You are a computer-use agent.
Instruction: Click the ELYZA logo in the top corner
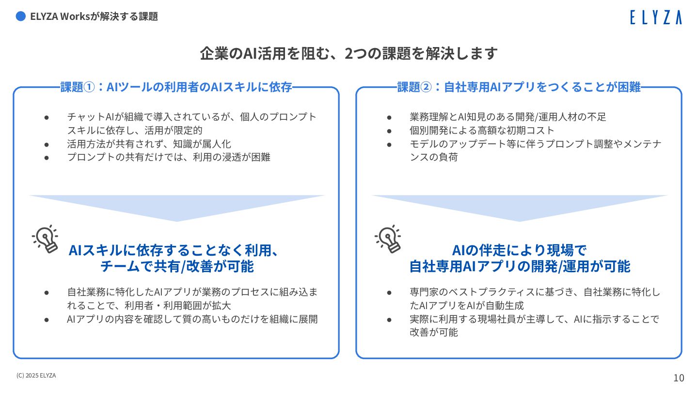point(655,17)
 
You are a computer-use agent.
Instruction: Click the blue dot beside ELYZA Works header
point(20,16)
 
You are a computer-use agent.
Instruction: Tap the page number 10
point(679,378)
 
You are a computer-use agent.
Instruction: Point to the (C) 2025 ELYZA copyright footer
point(36,375)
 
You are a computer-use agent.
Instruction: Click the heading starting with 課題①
point(176,87)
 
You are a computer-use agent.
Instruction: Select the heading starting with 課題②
point(519,87)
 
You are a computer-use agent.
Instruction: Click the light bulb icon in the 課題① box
point(46,239)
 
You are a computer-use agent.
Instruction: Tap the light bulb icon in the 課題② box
point(388,239)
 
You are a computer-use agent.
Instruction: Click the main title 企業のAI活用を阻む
point(349,53)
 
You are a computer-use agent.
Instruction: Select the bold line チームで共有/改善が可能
point(176,266)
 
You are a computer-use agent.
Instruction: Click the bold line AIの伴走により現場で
point(519,250)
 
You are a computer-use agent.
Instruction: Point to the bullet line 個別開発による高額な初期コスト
point(481,131)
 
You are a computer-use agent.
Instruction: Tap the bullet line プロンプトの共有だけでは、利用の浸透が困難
point(168,157)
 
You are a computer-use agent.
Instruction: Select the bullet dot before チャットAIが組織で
point(47,117)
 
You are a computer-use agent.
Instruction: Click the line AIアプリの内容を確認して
point(192,319)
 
